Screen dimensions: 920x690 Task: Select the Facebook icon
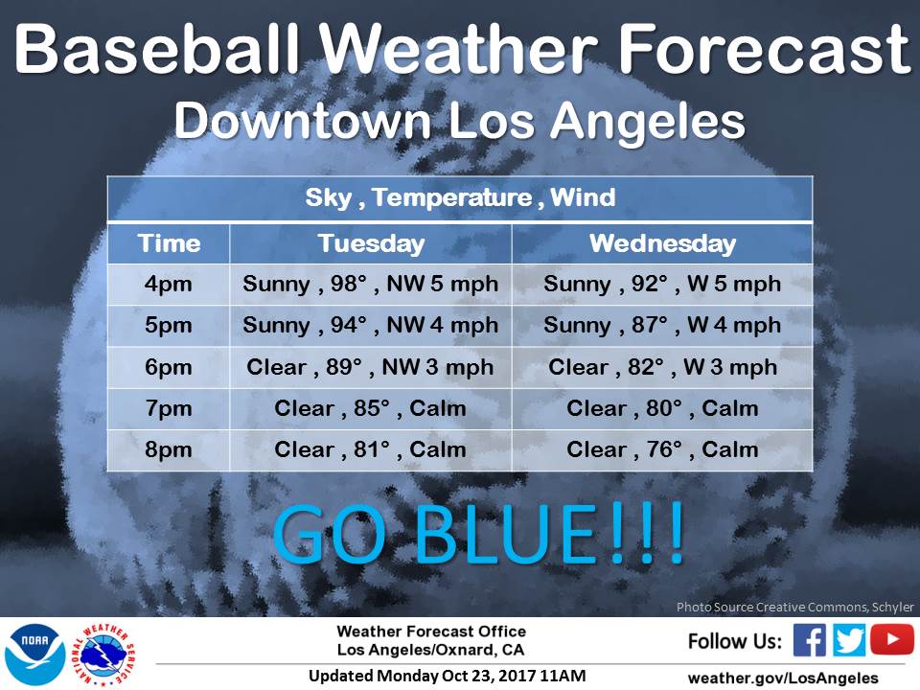pyautogui.click(x=809, y=639)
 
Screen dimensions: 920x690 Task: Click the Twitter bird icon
pyautogui.click(x=848, y=639)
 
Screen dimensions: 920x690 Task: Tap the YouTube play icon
pyautogui.click(x=892, y=639)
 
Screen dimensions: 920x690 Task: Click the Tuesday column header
pyautogui.click(x=371, y=243)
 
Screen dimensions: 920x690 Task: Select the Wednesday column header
pyautogui.click(x=662, y=243)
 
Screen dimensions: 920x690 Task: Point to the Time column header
pyautogui.click(x=169, y=243)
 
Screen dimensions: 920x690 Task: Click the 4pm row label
pyautogui.click(x=169, y=285)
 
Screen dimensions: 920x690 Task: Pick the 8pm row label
pyautogui.click(x=169, y=450)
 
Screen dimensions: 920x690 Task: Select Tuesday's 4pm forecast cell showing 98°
pyautogui.click(x=371, y=285)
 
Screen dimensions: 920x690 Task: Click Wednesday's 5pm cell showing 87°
pyautogui.click(x=662, y=326)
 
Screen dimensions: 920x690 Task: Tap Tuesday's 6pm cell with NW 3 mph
pyautogui.click(x=370, y=367)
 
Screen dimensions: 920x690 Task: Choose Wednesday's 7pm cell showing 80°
pyautogui.click(x=662, y=408)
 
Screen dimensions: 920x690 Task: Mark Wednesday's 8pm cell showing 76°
pyautogui.click(x=662, y=450)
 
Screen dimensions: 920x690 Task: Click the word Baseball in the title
pyautogui.click(x=157, y=49)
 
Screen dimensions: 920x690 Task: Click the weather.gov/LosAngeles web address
pyautogui.click(x=783, y=678)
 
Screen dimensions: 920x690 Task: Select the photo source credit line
pyautogui.click(x=795, y=608)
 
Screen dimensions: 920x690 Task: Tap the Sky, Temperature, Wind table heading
pyautogui.click(x=460, y=197)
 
